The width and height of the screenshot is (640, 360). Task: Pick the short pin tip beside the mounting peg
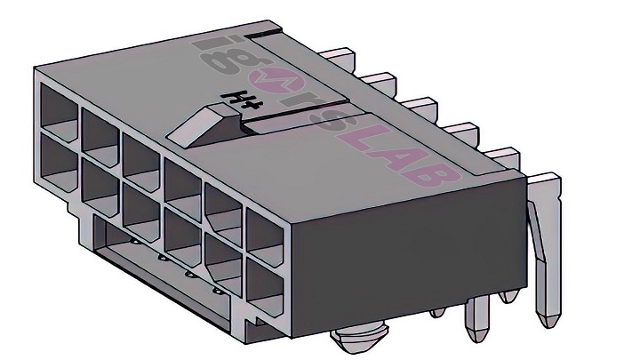[436, 311]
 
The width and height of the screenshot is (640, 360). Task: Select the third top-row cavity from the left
[140, 153]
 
